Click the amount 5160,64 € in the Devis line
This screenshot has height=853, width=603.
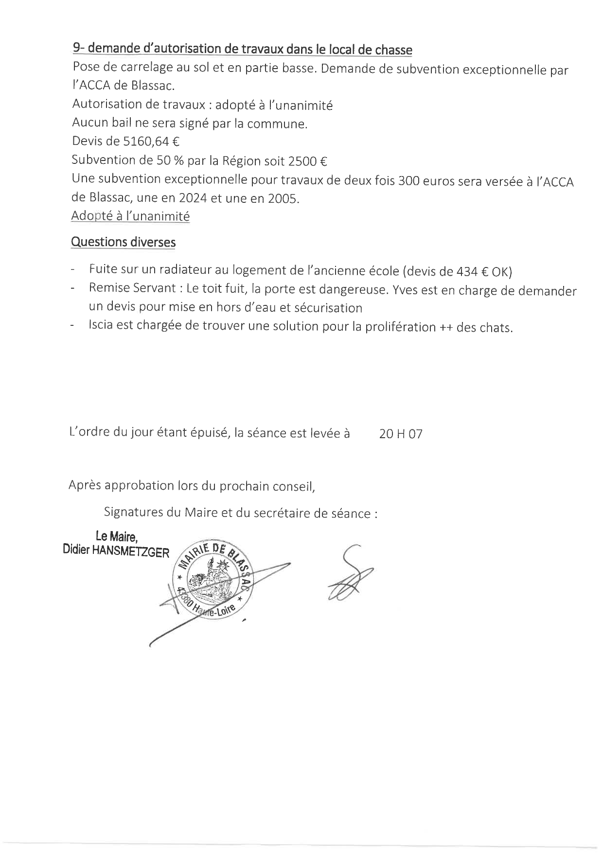click(x=152, y=142)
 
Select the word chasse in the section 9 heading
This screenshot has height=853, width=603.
click(x=393, y=50)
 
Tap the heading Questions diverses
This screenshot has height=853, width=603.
click(x=123, y=242)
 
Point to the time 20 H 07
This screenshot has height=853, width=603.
click(x=401, y=434)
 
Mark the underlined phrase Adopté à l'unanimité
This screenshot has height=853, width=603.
click(x=130, y=216)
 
